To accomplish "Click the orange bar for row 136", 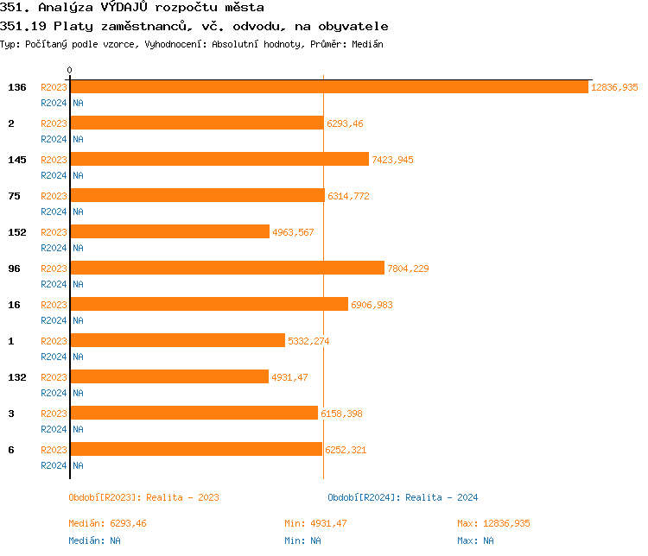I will coord(329,87).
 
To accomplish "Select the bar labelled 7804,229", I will coord(227,269).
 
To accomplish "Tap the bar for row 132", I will coord(169,377).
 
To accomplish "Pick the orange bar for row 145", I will coord(219,160).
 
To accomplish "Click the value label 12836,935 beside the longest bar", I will coord(614,87).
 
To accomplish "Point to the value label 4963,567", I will coord(295,232).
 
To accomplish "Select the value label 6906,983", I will coord(375,305).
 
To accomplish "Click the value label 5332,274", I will coord(308,341).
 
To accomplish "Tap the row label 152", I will coord(16,232).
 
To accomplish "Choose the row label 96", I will coord(14,269).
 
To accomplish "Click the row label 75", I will coord(14,196).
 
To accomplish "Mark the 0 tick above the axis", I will coord(70,70).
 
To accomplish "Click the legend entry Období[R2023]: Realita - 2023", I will coord(143,497).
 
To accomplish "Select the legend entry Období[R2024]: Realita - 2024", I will coord(403,497).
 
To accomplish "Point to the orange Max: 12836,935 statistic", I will coord(493,523).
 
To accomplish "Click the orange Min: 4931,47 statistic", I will coord(315,523).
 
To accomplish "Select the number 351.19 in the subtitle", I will coord(23,26).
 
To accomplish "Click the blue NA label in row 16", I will coord(78,320).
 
